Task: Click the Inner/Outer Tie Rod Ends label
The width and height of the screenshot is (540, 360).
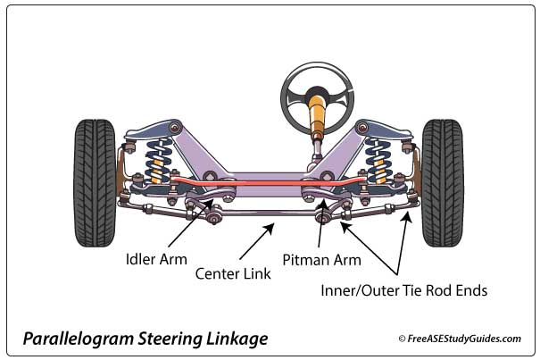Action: coord(404,290)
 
